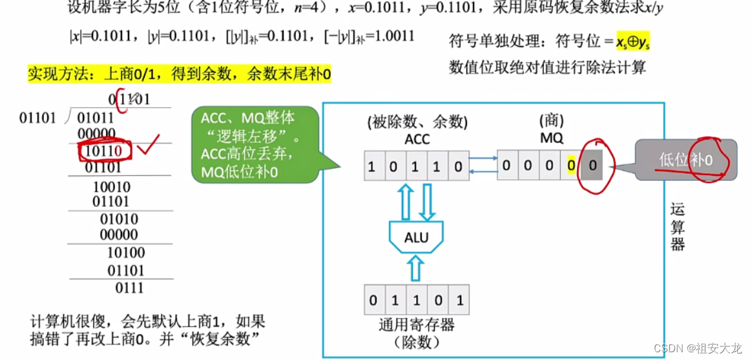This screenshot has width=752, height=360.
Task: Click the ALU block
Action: (416, 238)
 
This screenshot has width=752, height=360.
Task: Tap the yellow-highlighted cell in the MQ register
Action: (571, 166)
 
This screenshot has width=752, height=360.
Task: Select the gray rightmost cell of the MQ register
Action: (592, 166)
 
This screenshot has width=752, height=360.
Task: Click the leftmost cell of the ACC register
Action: (371, 167)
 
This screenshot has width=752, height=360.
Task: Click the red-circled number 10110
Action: (105, 151)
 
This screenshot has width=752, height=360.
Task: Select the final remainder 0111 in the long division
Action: (129, 288)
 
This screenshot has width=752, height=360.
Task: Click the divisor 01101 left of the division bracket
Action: (38, 118)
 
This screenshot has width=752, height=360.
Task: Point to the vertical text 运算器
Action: (677, 227)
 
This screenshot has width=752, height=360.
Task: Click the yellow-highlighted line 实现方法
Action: (179, 74)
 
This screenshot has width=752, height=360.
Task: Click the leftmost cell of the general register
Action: (373, 300)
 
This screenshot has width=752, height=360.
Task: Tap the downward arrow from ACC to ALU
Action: (426, 201)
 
